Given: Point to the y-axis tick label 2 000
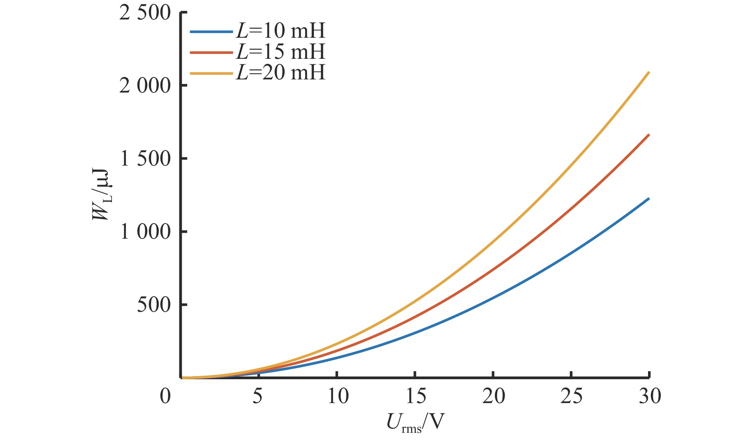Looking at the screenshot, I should click(x=145, y=86).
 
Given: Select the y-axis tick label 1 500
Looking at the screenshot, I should click(x=145, y=159).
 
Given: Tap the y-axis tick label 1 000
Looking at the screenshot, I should click(x=145, y=232).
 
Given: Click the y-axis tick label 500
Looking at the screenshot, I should click(x=154, y=305).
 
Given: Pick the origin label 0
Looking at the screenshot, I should click(x=165, y=396).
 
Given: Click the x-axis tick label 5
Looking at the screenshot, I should click(x=258, y=396).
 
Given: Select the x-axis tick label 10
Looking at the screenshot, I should click(x=338, y=396).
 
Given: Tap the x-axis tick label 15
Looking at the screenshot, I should click(x=415, y=396).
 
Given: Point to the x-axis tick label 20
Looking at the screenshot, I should click(x=494, y=396).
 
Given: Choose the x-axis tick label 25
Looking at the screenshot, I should click(x=572, y=396).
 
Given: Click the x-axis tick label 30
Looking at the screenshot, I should click(x=650, y=396).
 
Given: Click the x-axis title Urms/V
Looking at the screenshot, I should click(x=414, y=423).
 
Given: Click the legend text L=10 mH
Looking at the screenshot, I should click(x=280, y=31).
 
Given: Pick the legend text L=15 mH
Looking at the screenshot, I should click(x=280, y=52).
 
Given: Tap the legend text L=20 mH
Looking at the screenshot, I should click(x=280, y=73).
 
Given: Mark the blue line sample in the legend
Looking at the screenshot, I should click(x=211, y=31).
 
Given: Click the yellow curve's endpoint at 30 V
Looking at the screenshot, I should click(x=649, y=72).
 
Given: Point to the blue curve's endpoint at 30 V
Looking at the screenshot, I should click(x=649, y=199).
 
